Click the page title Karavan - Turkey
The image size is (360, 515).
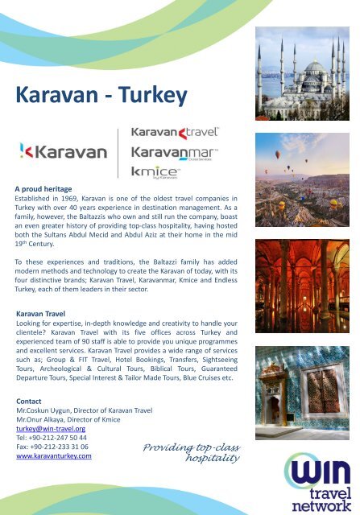pos(101,97)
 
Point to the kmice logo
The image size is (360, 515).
pos(156,171)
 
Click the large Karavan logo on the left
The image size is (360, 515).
pos(63,150)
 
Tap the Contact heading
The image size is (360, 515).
pos(32,400)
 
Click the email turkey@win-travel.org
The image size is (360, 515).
pos(51,428)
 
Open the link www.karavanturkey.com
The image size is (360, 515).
pos(54,455)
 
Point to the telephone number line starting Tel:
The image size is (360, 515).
pos(52,437)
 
